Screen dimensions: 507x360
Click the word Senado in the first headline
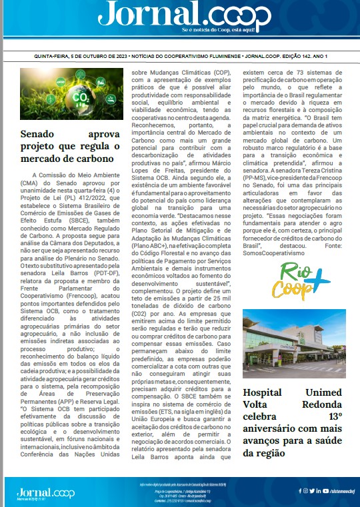point(44,134)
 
